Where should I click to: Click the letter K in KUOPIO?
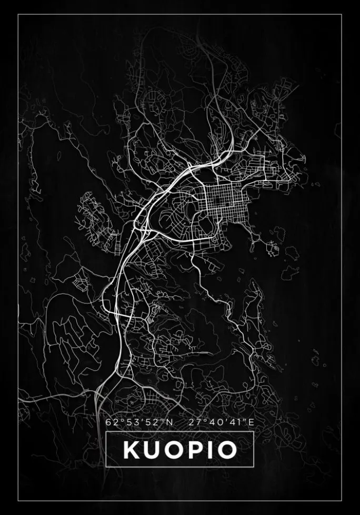[x=132, y=450]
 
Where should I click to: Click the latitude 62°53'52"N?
[x=139, y=422]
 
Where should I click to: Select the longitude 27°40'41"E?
[x=222, y=422]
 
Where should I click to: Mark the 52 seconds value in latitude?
[x=149, y=422]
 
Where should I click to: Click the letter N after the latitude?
[x=169, y=422]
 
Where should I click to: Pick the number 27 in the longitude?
[x=194, y=422]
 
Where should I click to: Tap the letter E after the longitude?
[x=252, y=422]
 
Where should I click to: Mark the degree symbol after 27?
[x=201, y=420]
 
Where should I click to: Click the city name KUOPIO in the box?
[x=179, y=450]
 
